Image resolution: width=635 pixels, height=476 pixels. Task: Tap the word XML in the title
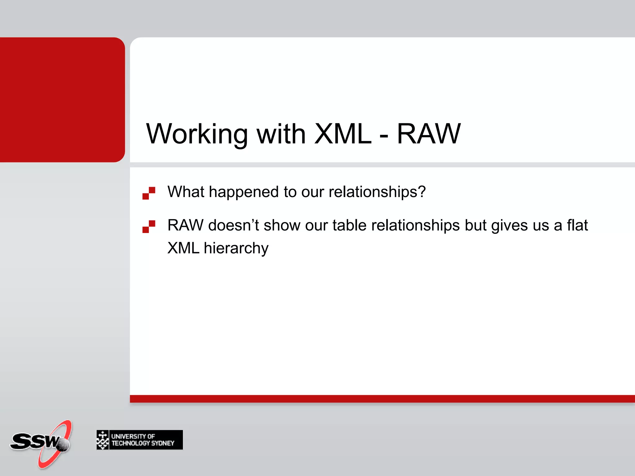pos(343,134)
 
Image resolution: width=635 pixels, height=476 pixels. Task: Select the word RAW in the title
pos(429,134)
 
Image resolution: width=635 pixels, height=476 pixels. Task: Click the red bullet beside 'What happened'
pos(149,193)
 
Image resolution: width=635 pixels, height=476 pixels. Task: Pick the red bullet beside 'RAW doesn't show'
pos(149,227)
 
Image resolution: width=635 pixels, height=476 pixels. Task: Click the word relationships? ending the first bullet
pos(377,192)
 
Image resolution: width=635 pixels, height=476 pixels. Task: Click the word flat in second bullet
pos(577,225)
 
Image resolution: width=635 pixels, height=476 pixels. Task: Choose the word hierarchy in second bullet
pos(236,248)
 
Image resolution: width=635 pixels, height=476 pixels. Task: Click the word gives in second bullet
pos(509,225)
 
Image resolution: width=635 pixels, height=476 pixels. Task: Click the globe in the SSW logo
pos(63,445)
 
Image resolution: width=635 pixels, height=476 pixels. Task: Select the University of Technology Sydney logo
pos(140,440)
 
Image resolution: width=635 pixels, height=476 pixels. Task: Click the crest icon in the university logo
pos(103,440)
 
